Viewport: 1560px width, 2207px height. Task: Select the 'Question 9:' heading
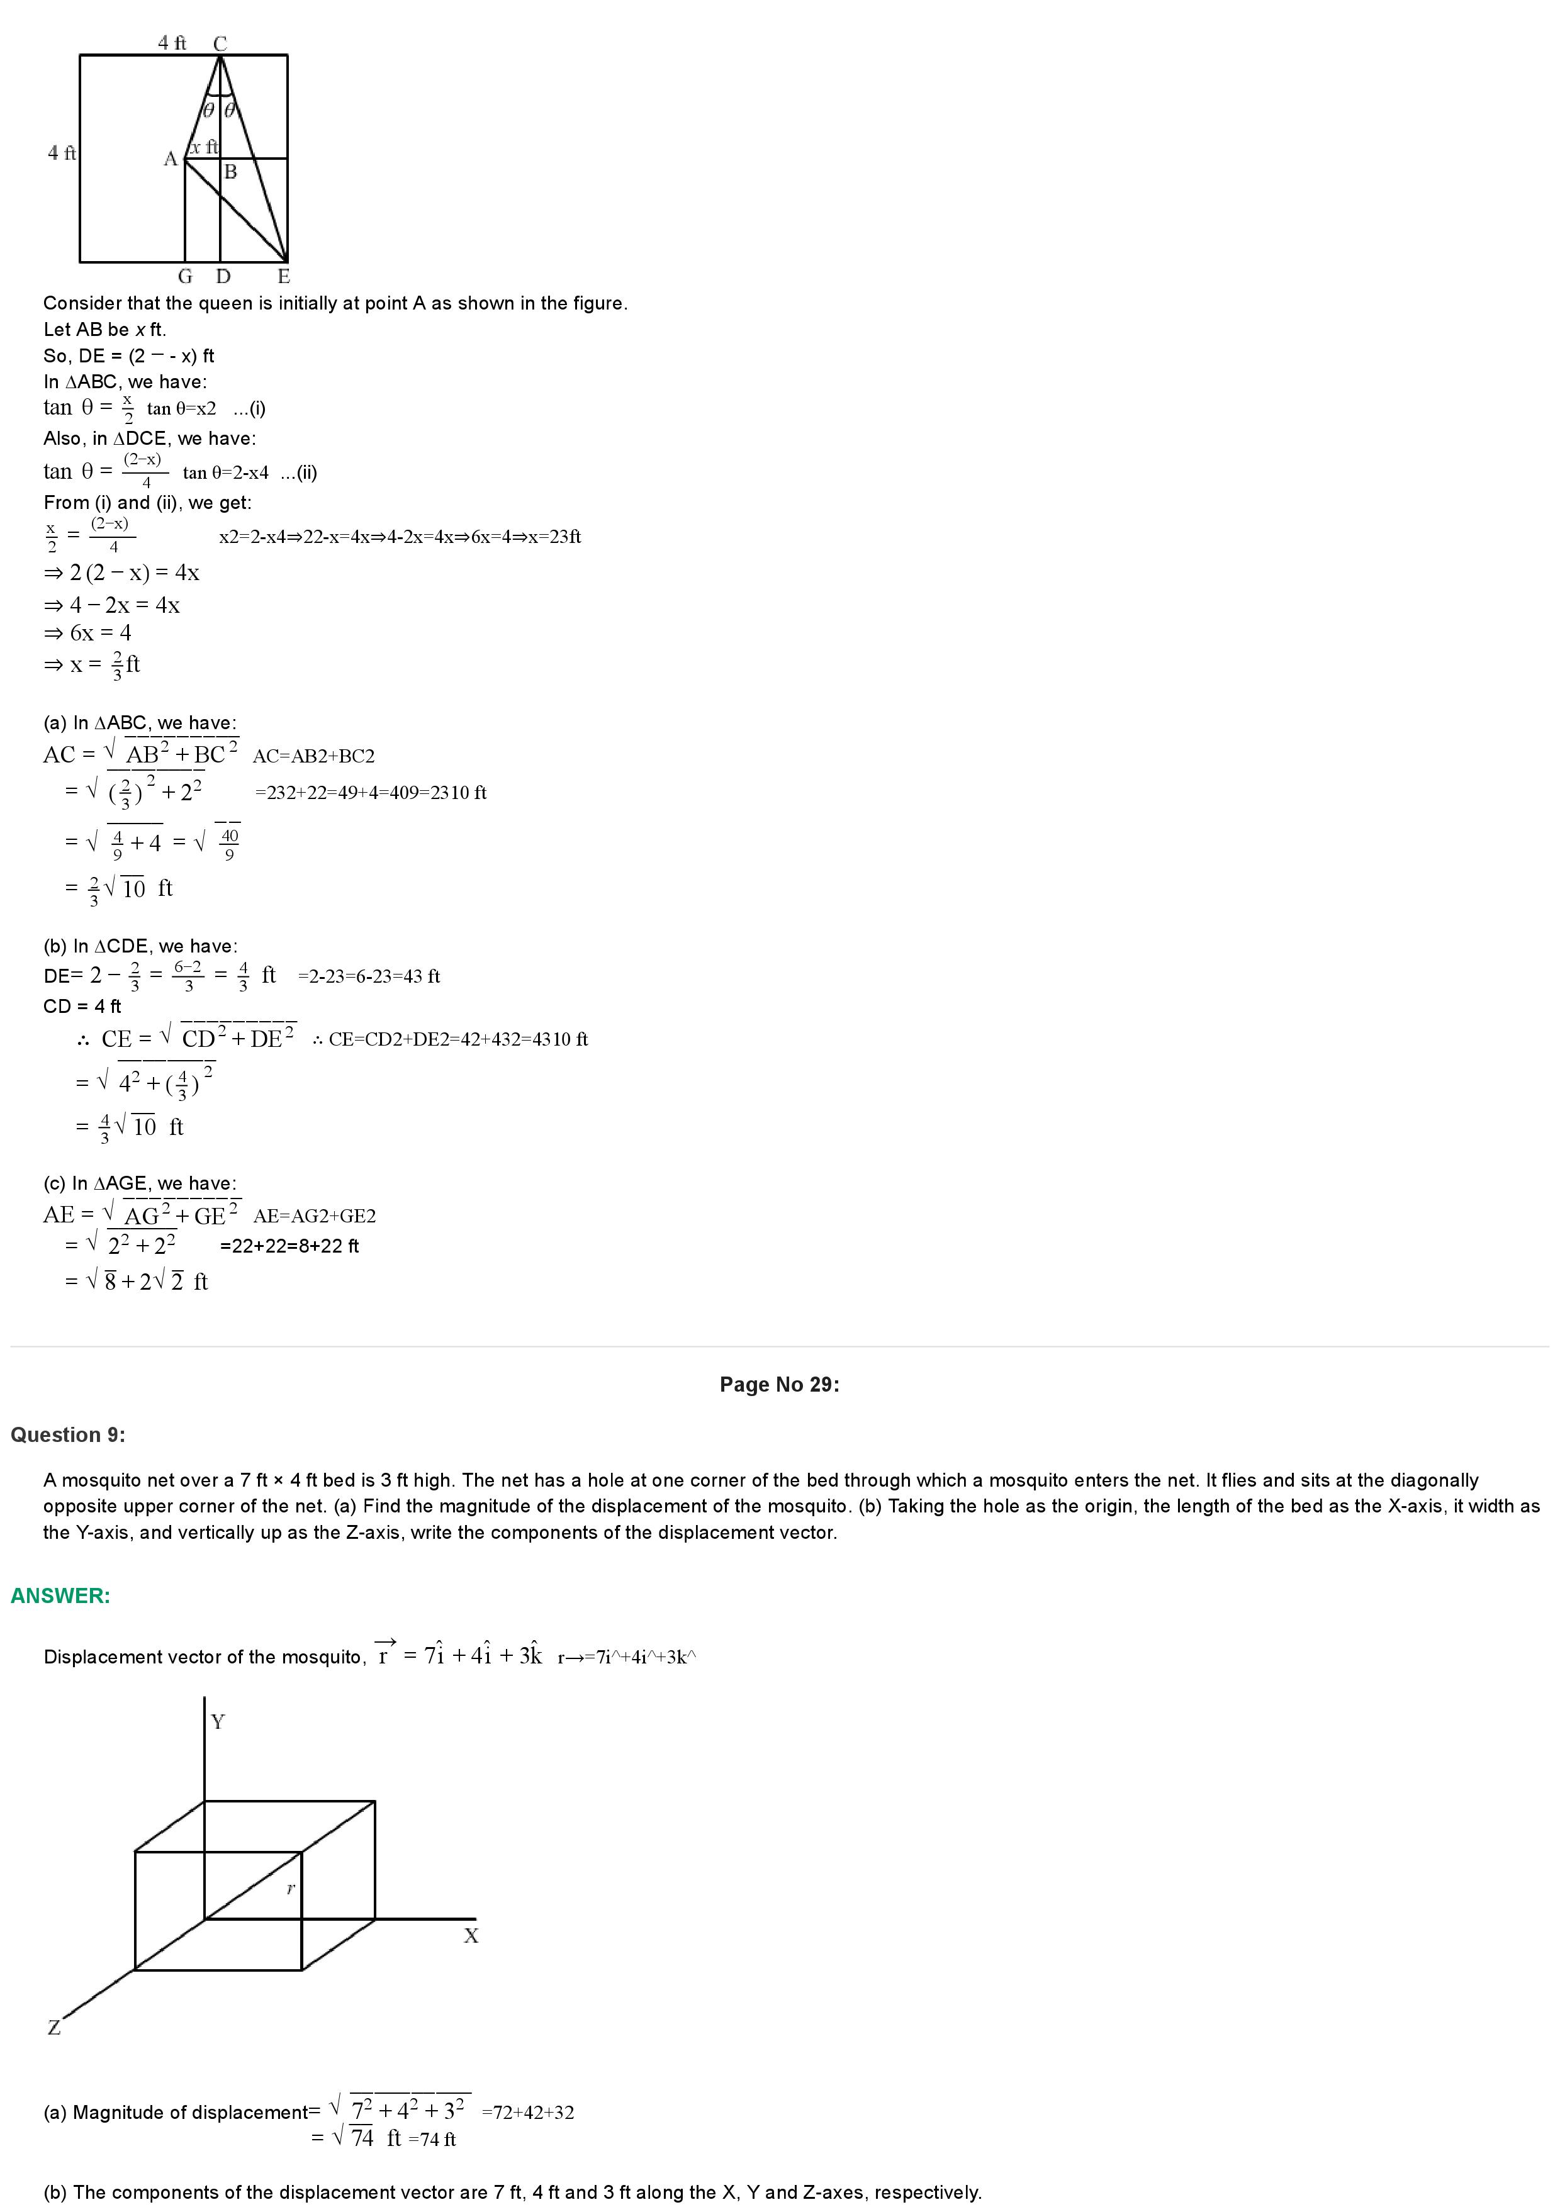click(67, 1435)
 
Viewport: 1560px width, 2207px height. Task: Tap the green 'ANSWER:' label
click(60, 1595)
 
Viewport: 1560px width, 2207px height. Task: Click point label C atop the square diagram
click(220, 44)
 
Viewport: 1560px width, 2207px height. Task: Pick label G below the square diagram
click(186, 277)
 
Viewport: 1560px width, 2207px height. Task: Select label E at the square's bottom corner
click(284, 277)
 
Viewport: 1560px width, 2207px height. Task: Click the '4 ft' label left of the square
click(62, 153)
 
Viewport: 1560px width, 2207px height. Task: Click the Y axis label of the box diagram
click(218, 1721)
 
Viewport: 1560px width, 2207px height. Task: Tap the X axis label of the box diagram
click(471, 1936)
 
